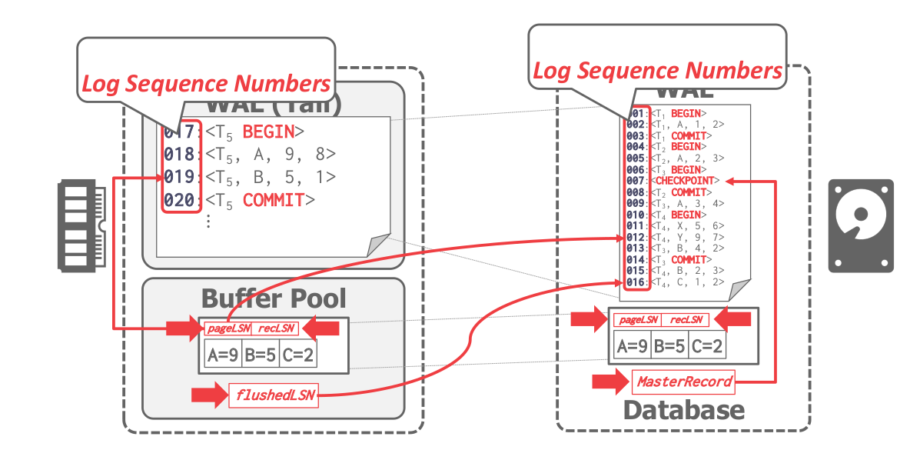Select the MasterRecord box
coord(683,381)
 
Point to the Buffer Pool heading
coord(274,298)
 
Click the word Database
coord(683,409)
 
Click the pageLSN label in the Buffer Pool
coord(228,328)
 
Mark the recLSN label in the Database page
coord(686,319)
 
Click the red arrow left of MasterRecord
coord(611,381)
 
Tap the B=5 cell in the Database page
coord(669,346)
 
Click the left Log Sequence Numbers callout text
coord(206,83)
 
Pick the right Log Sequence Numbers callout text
coord(657,71)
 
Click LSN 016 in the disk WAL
coord(636,282)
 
